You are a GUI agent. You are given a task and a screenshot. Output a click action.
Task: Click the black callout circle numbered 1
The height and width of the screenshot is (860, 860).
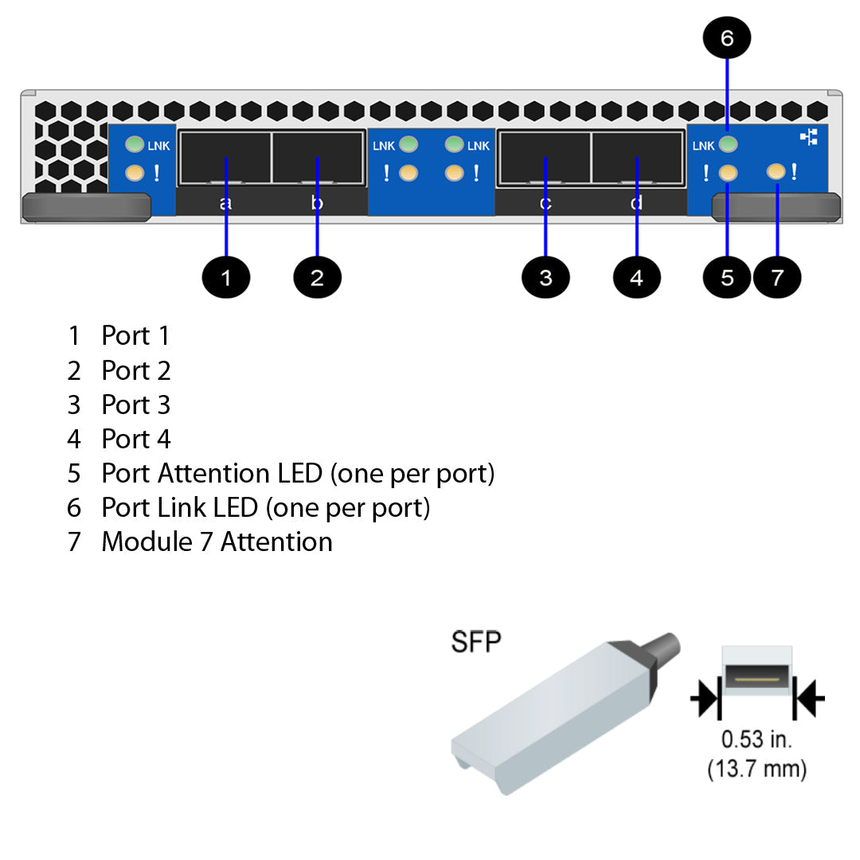226,277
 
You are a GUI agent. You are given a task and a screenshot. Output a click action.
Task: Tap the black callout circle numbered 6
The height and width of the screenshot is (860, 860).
727,37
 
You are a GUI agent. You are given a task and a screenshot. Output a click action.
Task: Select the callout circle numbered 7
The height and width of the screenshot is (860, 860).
777,277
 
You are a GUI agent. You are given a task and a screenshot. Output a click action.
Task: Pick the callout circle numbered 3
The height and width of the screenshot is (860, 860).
545,277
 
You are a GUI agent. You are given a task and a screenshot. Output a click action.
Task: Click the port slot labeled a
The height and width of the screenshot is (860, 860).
226,158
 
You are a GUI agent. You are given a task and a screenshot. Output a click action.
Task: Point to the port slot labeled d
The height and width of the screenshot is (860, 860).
637,158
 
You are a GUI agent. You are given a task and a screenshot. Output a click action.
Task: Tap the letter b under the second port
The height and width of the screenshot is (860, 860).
317,203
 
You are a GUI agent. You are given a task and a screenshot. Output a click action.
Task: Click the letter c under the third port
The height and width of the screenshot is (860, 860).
545,203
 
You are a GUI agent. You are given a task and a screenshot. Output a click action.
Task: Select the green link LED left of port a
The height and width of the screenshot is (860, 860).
135,145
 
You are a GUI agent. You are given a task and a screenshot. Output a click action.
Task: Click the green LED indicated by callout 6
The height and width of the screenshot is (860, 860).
728,145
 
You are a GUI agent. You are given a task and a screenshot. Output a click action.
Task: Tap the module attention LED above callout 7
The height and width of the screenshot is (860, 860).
776,171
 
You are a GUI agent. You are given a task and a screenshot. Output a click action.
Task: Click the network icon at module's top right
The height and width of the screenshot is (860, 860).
809,138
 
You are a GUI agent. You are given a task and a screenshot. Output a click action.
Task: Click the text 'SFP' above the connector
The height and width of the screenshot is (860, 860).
476,642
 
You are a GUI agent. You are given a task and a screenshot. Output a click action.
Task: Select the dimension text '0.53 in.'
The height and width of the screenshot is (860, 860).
756,739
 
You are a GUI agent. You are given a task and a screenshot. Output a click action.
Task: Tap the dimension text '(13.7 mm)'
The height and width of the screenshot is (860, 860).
756,769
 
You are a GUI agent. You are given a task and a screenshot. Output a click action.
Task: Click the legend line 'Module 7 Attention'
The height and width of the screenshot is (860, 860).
217,541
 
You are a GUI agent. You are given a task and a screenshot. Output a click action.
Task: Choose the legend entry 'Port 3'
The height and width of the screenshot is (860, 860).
135,405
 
